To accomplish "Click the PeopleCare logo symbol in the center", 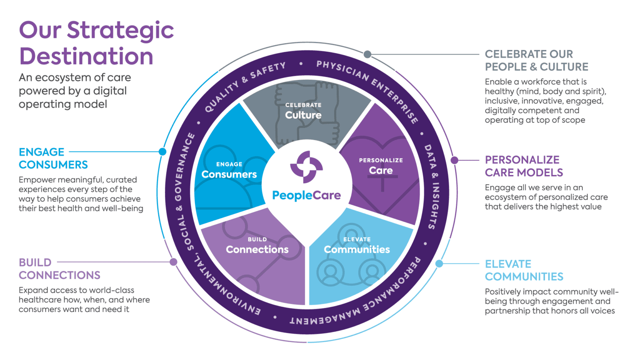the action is click(x=306, y=167).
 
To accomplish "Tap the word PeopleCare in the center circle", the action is click(x=306, y=195).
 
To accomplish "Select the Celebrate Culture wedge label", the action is click(x=303, y=111).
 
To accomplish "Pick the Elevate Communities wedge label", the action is click(x=357, y=246).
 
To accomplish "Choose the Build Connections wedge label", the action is click(x=257, y=246).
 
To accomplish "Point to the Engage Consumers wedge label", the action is click(x=229, y=170).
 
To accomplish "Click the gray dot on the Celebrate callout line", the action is click(x=367, y=54).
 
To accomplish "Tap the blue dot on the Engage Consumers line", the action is click(x=162, y=151).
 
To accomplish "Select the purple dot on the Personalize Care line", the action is click(x=454, y=160).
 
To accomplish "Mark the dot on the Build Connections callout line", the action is click(x=173, y=262).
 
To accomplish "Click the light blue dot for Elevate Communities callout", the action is click(x=439, y=263).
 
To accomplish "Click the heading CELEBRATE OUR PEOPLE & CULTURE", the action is click(x=537, y=60).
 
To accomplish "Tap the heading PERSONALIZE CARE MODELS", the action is click(x=524, y=166).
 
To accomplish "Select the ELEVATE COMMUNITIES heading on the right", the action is click(x=524, y=270).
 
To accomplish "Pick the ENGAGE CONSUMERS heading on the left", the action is click(x=53, y=158).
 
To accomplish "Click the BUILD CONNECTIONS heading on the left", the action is click(x=60, y=269).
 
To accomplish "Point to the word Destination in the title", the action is click(x=86, y=56).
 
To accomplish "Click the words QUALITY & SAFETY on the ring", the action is click(x=245, y=86).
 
